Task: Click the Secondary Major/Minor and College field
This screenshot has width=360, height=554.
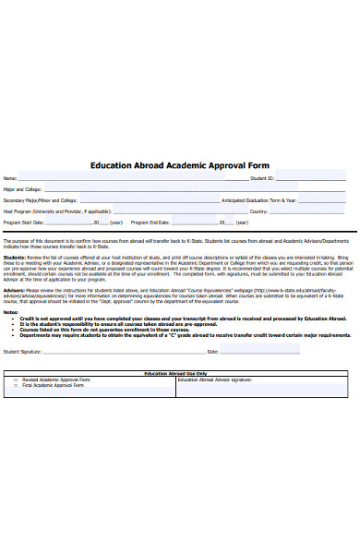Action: pos(148,199)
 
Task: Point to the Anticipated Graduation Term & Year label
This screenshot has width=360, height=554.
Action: pos(259,199)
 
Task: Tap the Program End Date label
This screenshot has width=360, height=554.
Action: pos(150,223)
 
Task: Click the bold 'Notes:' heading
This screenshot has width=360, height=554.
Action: pos(10,311)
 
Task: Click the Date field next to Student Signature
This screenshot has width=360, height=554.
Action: pos(277,352)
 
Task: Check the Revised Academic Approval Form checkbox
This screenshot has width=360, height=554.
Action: pos(16,379)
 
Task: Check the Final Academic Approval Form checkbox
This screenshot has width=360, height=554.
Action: pos(16,385)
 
